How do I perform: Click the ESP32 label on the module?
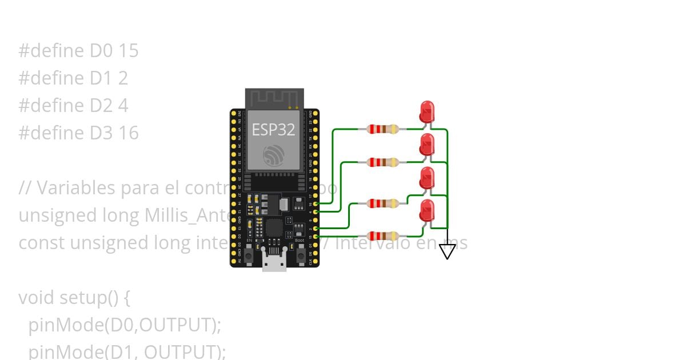(x=273, y=129)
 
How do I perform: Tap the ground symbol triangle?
(x=447, y=251)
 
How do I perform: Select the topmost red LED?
(x=426, y=111)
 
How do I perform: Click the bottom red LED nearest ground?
(x=426, y=211)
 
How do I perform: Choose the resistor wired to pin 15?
(x=382, y=235)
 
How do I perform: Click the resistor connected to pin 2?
(x=382, y=203)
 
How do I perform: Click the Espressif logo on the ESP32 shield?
(x=273, y=156)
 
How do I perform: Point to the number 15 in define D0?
(x=129, y=51)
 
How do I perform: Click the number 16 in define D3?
(x=129, y=133)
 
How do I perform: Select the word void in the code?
(x=37, y=298)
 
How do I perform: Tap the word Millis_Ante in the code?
(x=186, y=215)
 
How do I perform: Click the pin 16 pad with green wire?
(x=316, y=203)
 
